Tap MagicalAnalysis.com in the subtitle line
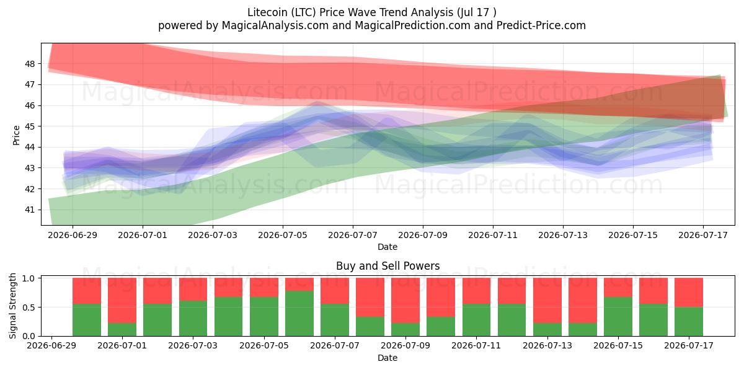pyautogui.click(x=275, y=25)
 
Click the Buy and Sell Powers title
pyautogui.click(x=387, y=266)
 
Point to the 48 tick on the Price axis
pyautogui.click(x=30, y=64)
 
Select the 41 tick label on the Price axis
pyautogui.click(x=30, y=210)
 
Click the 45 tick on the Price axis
pyautogui.click(x=30, y=126)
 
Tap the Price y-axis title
pyautogui.click(x=16, y=135)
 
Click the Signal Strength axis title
pyautogui.click(x=12, y=306)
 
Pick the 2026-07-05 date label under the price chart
pyautogui.click(x=283, y=235)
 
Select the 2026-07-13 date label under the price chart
pyautogui.click(x=563, y=235)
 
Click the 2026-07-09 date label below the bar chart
pyautogui.click(x=405, y=346)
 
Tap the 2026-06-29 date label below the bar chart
pyautogui.click(x=51, y=346)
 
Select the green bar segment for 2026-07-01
pyautogui.click(x=122, y=329)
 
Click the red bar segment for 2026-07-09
pyautogui.click(x=405, y=301)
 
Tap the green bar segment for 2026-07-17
pyautogui.click(x=689, y=322)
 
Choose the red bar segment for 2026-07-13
pyautogui.click(x=547, y=301)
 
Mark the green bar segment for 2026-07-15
pyautogui.click(x=618, y=317)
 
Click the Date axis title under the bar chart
pyautogui.click(x=387, y=358)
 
